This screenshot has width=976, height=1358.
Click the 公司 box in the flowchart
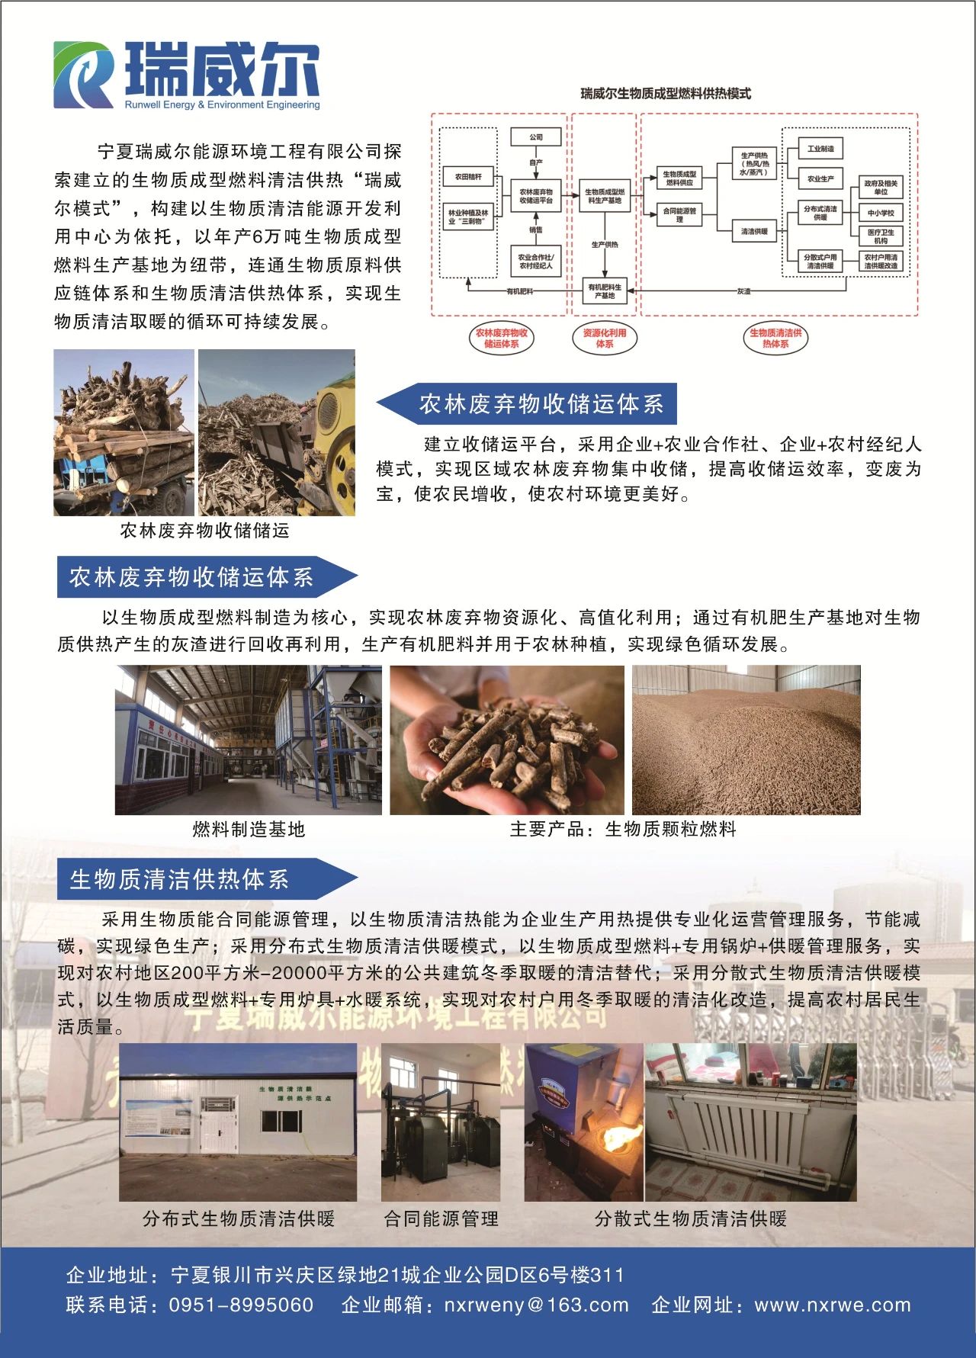click(x=536, y=137)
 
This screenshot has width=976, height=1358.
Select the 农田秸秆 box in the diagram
click(x=468, y=177)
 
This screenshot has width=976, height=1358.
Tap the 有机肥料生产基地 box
click(x=605, y=291)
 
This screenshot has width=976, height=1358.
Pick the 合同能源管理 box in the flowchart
click(x=679, y=215)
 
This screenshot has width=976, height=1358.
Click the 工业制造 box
click(x=820, y=149)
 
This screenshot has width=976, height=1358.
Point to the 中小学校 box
click(x=881, y=213)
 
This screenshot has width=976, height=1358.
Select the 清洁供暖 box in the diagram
click(x=754, y=231)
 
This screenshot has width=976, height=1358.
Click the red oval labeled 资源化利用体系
click(x=605, y=339)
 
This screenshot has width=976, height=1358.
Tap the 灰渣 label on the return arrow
click(x=743, y=291)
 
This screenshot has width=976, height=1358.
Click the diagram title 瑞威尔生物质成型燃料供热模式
click(x=665, y=94)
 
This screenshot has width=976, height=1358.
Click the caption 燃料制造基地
click(x=249, y=829)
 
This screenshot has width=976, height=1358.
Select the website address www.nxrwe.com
click(x=833, y=1305)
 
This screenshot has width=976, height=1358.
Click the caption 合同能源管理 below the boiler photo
click(x=441, y=1218)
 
